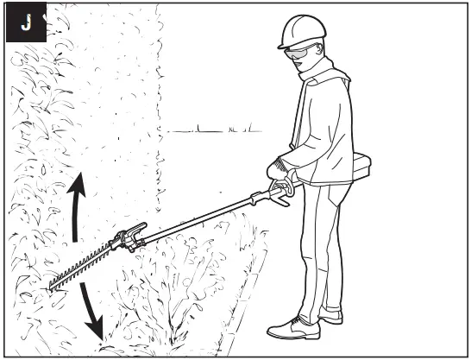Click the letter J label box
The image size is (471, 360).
(x=25, y=22)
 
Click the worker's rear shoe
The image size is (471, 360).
(x=330, y=318)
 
